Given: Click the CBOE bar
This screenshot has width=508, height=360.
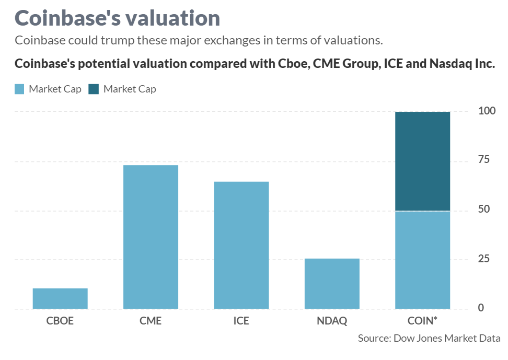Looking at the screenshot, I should (x=60, y=298).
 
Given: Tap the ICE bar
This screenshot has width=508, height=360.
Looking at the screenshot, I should (x=241, y=245).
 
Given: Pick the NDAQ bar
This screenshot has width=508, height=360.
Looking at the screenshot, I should (x=332, y=283).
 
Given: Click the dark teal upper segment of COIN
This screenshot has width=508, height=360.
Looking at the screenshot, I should (x=422, y=161).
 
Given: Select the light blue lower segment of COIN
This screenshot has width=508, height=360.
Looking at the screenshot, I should (x=422, y=260).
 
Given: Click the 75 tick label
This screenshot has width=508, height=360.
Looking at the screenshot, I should (x=484, y=159).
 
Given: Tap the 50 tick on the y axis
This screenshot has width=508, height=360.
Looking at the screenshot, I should (x=484, y=209).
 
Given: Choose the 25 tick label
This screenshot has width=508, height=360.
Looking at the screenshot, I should (x=484, y=259).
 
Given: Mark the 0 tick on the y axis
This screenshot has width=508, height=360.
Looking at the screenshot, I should (x=481, y=308).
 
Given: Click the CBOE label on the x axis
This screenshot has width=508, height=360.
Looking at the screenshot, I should (x=60, y=321).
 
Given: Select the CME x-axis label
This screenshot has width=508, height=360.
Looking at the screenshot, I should (x=151, y=321).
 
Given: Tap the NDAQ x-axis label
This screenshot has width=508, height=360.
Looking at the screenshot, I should (x=332, y=321).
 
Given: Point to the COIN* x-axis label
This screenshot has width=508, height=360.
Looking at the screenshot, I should (x=422, y=320).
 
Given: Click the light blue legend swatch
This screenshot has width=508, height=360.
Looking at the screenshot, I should (x=20, y=89).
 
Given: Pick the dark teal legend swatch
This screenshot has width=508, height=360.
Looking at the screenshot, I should (x=94, y=89).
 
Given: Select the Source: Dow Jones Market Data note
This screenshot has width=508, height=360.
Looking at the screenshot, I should (x=429, y=338).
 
